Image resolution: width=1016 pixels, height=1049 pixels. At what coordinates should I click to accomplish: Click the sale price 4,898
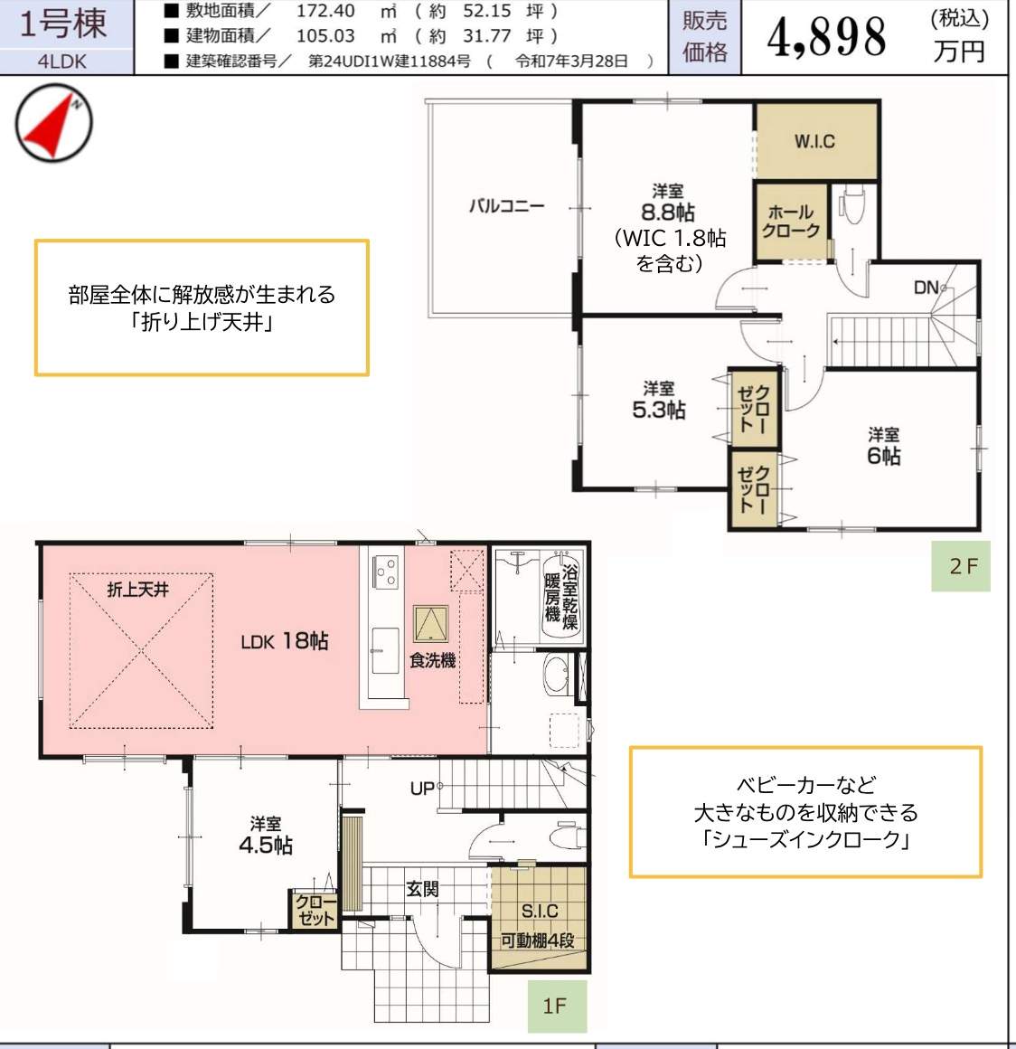coord(826,38)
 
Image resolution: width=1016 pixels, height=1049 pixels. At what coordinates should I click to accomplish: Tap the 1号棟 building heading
coord(63,24)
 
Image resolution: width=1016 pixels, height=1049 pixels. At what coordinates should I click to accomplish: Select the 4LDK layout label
coord(63,62)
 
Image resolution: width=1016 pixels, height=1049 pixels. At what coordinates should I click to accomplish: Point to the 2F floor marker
coord(962,566)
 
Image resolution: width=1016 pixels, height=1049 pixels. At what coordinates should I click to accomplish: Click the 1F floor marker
coord(555,1006)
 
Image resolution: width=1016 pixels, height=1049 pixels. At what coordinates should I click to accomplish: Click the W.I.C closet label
coord(814,141)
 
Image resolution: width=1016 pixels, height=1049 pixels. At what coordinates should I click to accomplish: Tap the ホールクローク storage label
coord(790,222)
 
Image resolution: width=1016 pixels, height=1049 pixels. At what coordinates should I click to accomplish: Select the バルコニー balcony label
coord(506,206)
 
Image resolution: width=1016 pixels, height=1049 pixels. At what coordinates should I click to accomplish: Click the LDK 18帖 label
coord(285,641)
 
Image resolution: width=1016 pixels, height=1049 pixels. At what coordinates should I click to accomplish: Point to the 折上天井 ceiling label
coord(137,590)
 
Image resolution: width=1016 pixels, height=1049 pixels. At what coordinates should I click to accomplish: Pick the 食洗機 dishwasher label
coord(432,661)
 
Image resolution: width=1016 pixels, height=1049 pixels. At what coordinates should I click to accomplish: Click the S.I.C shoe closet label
coord(539,912)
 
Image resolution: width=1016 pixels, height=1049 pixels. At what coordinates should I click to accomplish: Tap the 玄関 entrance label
coord(422,890)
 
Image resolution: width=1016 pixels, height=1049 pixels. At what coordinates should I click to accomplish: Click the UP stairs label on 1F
coord(421,789)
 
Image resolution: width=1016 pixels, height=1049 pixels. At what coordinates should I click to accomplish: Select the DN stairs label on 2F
coord(927,288)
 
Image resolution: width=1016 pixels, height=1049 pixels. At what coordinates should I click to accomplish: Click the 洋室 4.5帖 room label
coord(266,836)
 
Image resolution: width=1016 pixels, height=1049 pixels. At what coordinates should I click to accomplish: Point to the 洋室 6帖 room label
coord(883,446)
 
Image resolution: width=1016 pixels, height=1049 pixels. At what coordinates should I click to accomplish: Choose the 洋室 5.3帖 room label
coord(658,400)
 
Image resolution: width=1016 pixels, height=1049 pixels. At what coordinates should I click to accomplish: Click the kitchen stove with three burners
coord(387,570)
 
